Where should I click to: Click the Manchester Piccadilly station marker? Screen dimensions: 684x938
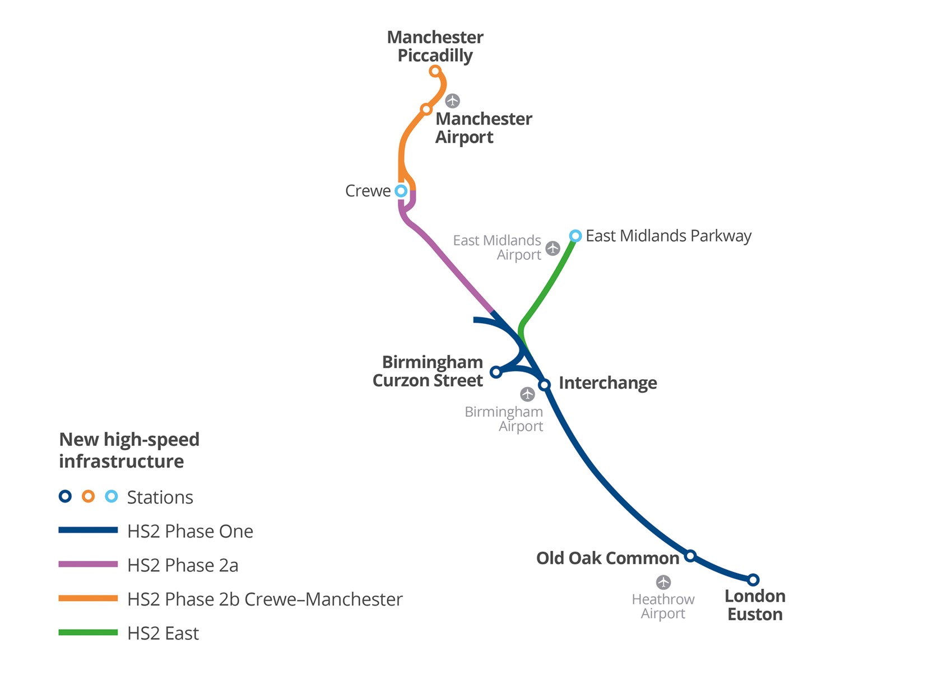point(435,71)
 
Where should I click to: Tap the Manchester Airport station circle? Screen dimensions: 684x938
point(426,109)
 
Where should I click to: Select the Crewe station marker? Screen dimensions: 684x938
point(401,191)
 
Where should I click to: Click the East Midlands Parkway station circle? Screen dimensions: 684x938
point(575,236)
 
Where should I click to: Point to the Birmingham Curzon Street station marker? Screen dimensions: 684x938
point(495,372)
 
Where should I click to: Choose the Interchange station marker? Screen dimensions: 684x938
point(544,385)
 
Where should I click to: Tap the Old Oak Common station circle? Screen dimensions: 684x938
point(690,556)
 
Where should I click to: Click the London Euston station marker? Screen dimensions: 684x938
point(753,580)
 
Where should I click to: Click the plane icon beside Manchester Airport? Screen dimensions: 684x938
point(452,101)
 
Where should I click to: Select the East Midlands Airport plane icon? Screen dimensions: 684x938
point(553,248)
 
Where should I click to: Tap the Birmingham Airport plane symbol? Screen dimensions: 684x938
point(527,394)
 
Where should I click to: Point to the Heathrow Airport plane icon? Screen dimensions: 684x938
point(663,583)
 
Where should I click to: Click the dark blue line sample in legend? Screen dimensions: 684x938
point(88,530)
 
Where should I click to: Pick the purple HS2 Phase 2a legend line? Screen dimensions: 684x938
point(88,564)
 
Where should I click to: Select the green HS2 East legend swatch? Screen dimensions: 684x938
point(88,632)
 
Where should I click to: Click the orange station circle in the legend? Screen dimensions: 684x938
point(88,496)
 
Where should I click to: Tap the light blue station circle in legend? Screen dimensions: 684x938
point(112,496)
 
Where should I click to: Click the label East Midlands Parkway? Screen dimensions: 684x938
point(668,236)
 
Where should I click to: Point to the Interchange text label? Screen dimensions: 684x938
point(607,383)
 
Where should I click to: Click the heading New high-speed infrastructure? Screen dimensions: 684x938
point(129,450)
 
